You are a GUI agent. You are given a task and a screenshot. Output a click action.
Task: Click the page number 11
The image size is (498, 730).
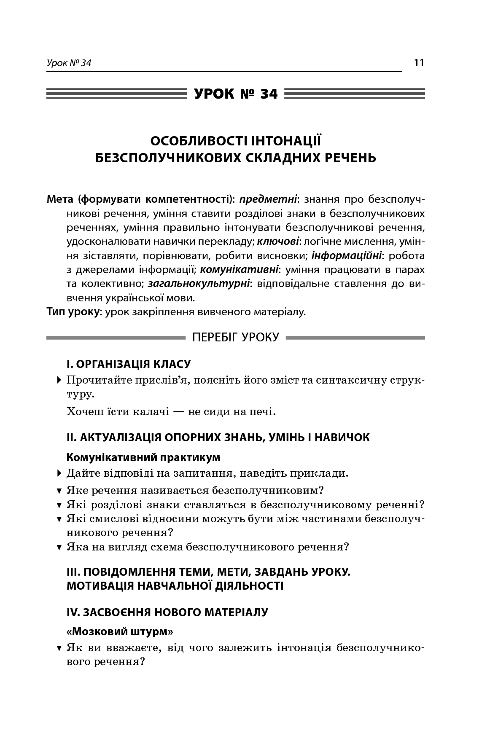[x=419, y=63]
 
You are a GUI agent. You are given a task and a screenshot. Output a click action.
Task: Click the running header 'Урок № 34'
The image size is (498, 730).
[x=69, y=63]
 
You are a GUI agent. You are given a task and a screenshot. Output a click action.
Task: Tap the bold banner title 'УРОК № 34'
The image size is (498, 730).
[x=236, y=94]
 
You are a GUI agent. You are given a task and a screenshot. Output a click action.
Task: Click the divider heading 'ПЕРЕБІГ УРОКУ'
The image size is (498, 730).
[x=236, y=337]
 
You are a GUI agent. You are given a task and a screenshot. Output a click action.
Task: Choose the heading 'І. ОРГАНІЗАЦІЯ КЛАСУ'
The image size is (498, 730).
[x=129, y=364]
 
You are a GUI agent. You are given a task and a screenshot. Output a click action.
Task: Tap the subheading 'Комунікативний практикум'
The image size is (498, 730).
[x=143, y=457]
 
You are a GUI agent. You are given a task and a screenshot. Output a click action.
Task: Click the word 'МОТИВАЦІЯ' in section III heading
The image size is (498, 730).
[x=100, y=585]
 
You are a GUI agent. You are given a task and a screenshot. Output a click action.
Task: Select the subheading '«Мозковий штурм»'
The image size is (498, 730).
[x=120, y=632]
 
